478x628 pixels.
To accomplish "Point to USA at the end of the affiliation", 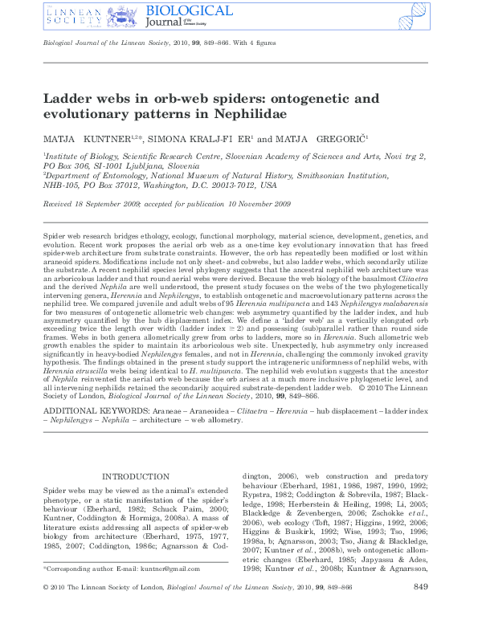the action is pyautogui.click(x=269, y=184).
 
